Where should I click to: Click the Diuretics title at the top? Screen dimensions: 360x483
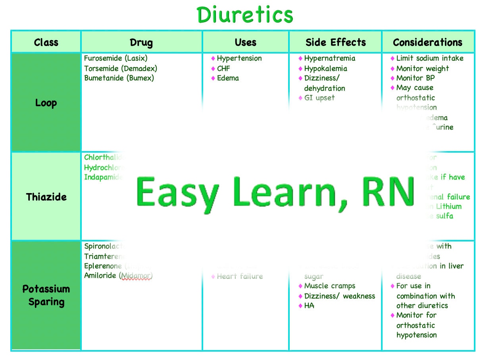(x=245, y=15)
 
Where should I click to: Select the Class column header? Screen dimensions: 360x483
(x=46, y=42)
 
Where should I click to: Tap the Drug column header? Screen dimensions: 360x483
(x=141, y=42)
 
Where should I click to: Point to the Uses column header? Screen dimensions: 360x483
(x=246, y=42)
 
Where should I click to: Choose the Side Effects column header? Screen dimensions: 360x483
(x=335, y=42)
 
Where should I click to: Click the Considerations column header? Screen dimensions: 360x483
(x=427, y=42)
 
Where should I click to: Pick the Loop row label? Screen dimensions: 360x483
(x=46, y=103)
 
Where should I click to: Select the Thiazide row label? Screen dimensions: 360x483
(x=46, y=197)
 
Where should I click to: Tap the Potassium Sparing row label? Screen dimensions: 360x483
(x=46, y=295)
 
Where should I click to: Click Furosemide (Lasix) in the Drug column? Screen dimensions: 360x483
(x=115, y=58)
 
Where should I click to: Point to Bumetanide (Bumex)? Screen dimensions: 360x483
(x=119, y=78)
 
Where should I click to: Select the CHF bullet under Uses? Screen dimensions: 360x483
(x=223, y=68)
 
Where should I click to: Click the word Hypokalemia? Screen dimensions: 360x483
(x=325, y=68)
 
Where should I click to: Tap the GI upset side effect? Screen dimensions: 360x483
(x=319, y=98)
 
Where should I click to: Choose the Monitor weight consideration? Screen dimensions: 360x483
(x=422, y=68)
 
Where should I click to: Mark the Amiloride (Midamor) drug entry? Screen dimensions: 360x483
(x=118, y=276)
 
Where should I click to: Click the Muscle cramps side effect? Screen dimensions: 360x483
(x=329, y=286)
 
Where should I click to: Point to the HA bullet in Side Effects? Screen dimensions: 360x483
(x=309, y=306)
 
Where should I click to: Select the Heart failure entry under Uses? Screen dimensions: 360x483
(x=240, y=276)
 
